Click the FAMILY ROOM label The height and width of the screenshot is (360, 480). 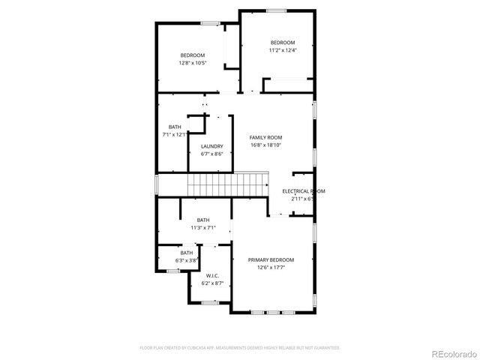point(265,138)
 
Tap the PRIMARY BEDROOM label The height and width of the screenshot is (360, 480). point(271,259)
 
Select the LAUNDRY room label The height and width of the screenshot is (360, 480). point(211,146)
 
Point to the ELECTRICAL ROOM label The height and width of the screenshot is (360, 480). point(303,191)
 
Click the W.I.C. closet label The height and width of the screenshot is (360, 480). point(211,276)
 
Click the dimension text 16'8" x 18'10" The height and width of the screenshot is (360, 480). point(265,145)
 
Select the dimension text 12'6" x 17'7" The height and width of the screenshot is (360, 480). point(271,267)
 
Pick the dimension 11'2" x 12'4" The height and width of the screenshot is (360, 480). point(283,50)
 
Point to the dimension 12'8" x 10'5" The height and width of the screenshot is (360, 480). point(193,63)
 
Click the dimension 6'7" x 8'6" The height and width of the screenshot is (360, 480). point(211,154)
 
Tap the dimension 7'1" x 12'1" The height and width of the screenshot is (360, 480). point(174,134)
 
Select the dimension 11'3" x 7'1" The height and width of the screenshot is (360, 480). point(202,227)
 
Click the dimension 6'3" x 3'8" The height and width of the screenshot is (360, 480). point(186,260)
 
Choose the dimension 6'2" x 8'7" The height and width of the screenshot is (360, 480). point(211,283)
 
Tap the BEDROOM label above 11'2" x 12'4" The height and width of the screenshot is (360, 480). point(283,43)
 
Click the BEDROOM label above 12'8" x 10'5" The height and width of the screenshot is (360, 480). point(193,55)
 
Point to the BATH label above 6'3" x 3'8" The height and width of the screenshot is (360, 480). point(186,253)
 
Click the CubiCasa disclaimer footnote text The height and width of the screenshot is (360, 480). point(240,348)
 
